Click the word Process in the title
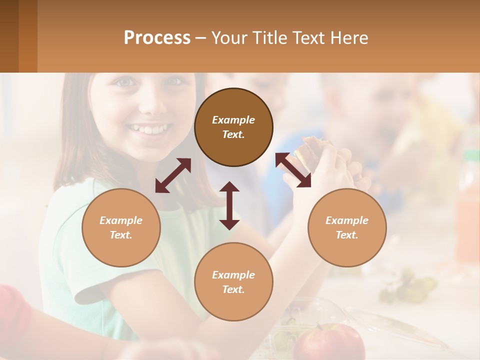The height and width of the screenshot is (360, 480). point(157,38)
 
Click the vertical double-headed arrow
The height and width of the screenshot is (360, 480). point(229,205)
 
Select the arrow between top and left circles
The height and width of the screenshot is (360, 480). point(173,175)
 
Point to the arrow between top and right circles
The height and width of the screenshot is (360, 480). point(293,170)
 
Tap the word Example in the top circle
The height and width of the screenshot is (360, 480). point(233,120)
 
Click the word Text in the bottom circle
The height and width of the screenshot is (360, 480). point(233,289)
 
